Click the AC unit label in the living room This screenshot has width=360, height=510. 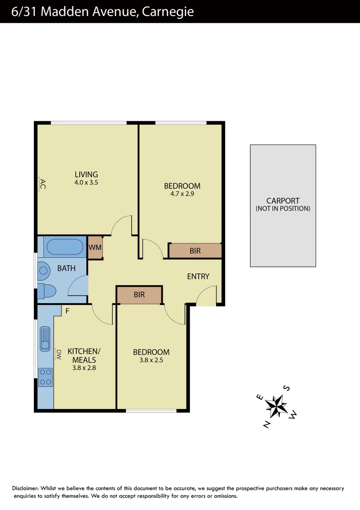pos(42,183)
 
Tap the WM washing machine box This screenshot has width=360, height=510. pos(95,247)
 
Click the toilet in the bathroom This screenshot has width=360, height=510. pos(47,291)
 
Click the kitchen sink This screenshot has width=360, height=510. pos(45,338)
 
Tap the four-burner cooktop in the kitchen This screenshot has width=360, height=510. pos(45,377)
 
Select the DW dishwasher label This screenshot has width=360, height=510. pos(59,354)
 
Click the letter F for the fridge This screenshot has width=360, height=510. pos(67,311)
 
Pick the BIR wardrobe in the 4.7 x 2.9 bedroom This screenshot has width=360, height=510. pos(195,251)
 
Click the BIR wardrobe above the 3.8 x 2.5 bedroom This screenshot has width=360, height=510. pos(139,295)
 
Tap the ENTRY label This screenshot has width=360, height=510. pos(198,276)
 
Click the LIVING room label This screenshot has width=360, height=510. pos(86,175)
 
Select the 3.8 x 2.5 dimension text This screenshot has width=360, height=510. pos(151,360)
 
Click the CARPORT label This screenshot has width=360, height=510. pos(283,201)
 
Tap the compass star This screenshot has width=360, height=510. pos(277,406)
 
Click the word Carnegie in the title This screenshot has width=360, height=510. pos(167,11)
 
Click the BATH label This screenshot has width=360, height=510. pos(67,268)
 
